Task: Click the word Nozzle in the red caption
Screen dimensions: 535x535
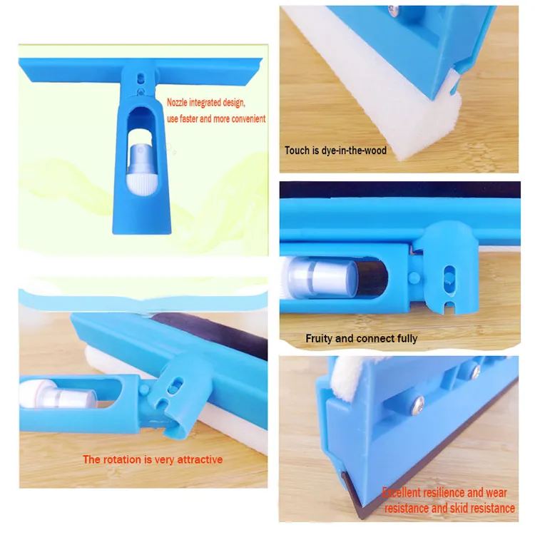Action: point(177,102)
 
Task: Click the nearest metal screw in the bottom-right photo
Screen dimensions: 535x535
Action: point(417,406)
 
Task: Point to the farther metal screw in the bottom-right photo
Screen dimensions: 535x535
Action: point(476,372)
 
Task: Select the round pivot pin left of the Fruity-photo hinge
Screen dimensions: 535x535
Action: point(414,277)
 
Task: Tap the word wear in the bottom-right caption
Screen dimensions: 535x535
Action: point(496,492)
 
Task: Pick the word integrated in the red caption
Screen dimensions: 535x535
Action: point(205,102)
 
